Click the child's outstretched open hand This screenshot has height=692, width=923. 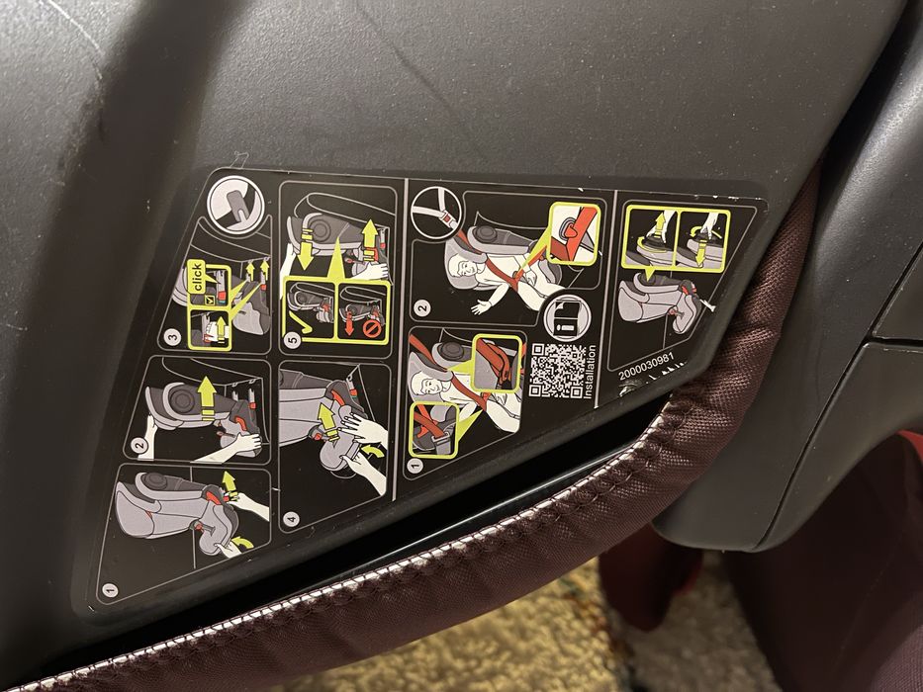tap(481, 306)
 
